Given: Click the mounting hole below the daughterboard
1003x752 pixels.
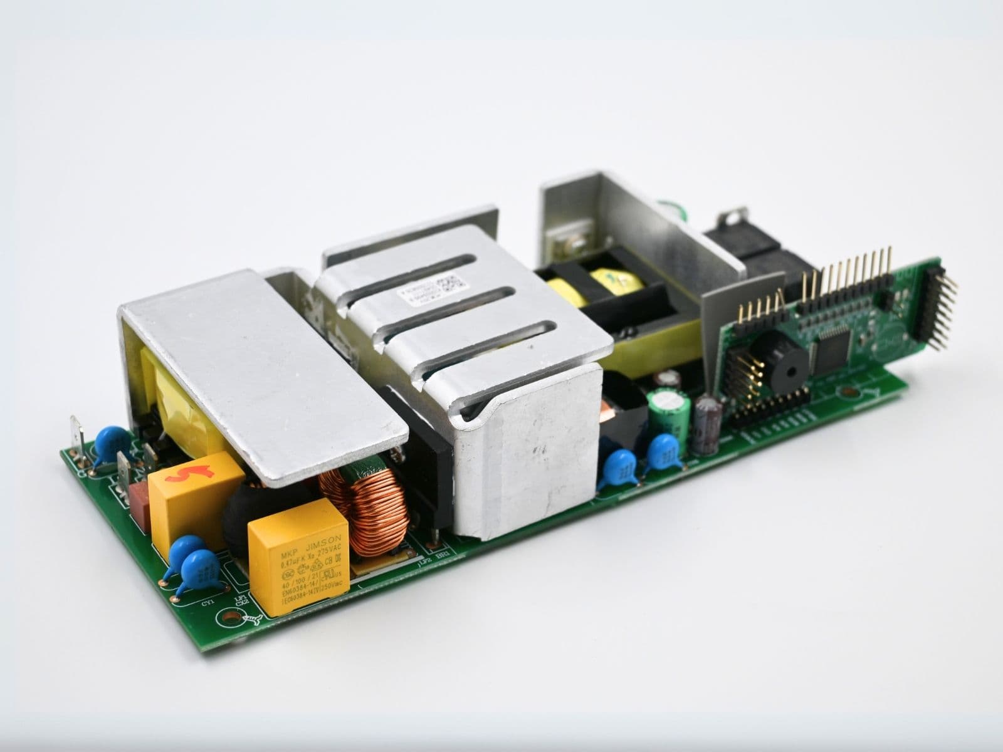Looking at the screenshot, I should pyautogui.click(x=851, y=393).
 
